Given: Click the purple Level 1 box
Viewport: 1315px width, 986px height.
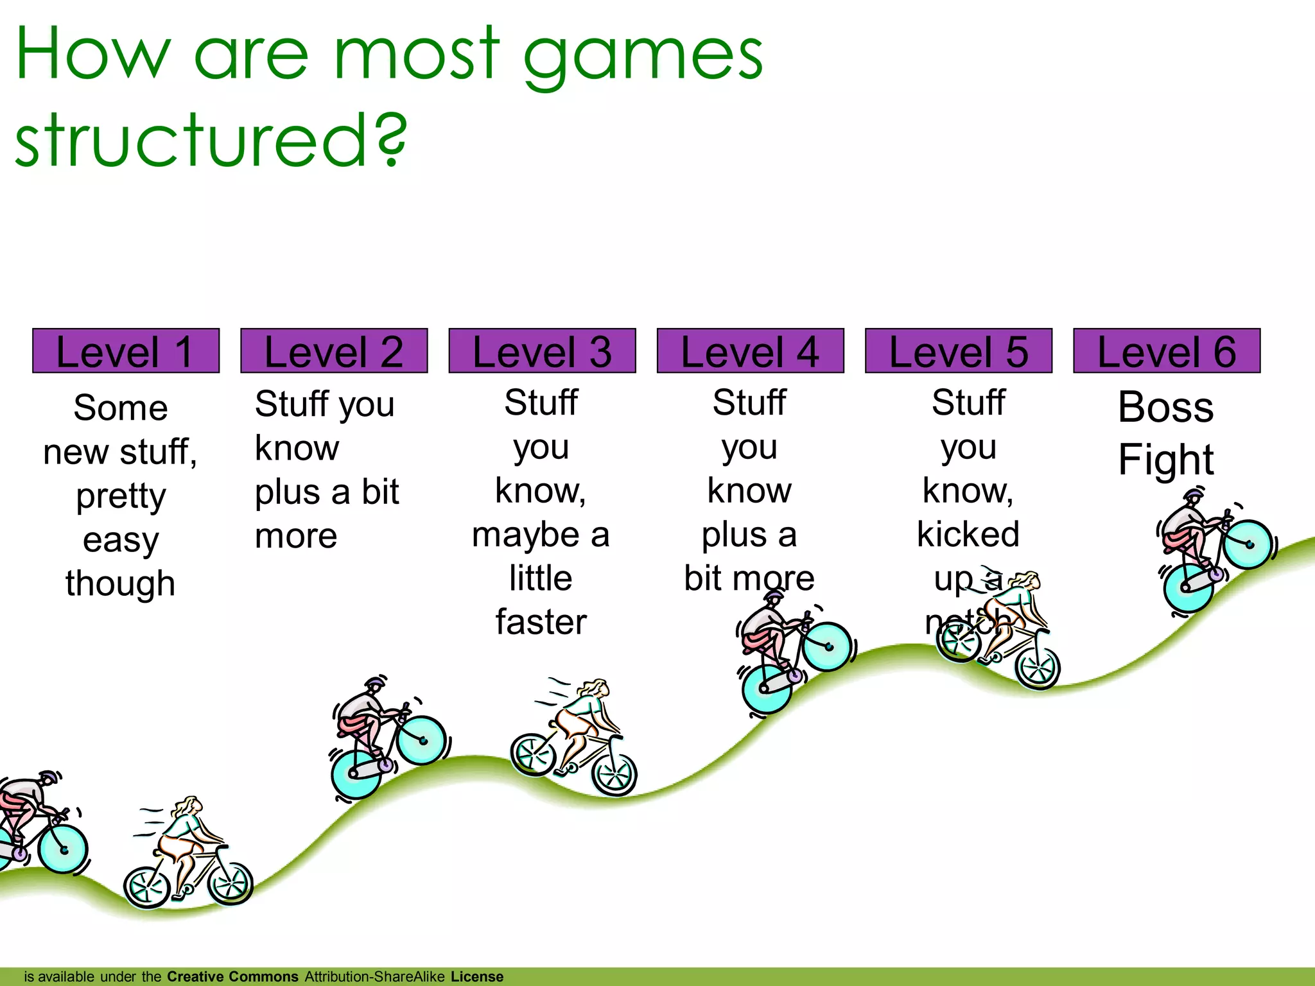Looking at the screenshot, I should (126, 350).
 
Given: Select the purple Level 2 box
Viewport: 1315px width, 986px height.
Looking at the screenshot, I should (334, 350).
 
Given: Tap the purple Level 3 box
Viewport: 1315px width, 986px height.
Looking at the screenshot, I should (542, 350).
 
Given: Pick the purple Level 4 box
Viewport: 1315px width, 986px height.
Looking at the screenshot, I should (750, 350).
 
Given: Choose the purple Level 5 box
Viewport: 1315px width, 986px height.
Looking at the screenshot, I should (958, 350).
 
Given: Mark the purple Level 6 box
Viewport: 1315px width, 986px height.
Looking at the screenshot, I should (1166, 350).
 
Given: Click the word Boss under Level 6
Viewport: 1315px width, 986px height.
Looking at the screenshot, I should (1165, 407).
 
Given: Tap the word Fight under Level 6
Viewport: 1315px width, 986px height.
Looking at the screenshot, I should (1165, 460).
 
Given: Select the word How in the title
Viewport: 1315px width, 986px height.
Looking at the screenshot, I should (94, 54).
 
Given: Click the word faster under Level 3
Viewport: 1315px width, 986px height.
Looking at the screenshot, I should (541, 622).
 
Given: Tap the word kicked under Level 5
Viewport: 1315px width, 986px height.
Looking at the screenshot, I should (968, 534).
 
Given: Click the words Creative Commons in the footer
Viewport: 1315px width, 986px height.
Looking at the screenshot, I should (232, 976).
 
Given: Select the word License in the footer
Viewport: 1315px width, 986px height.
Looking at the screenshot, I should (476, 976).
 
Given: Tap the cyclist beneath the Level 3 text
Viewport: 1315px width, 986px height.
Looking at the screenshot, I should (573, 738).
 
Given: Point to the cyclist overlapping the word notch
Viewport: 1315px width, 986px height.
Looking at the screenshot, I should (998, 632).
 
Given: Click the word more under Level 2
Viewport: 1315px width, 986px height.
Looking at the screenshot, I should (296, 536).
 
